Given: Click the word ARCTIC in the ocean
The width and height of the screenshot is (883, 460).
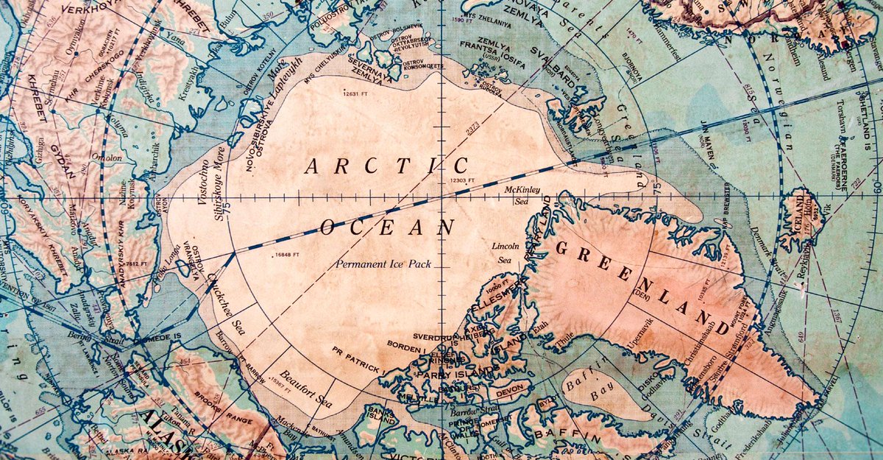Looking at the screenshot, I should (387, 166).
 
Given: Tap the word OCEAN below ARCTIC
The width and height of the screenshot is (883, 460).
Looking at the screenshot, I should (388, 227).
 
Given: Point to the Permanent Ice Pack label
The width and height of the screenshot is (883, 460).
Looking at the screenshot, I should (383, 263).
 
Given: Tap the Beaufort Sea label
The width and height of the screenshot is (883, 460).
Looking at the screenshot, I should (306, 390).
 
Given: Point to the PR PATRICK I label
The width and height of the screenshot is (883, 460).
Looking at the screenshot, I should (356, 359).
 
